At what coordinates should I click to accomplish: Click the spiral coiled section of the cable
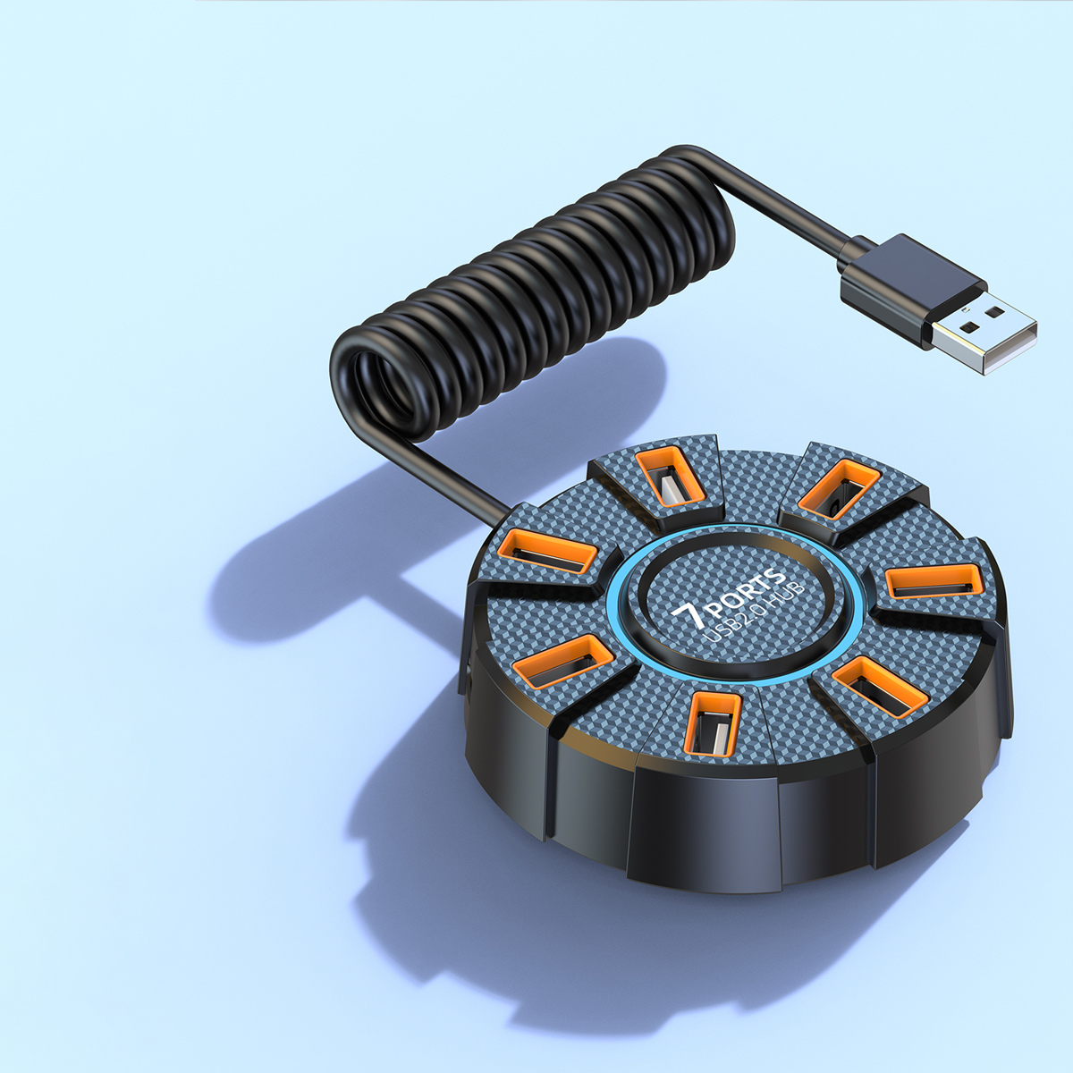pos(536,295)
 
